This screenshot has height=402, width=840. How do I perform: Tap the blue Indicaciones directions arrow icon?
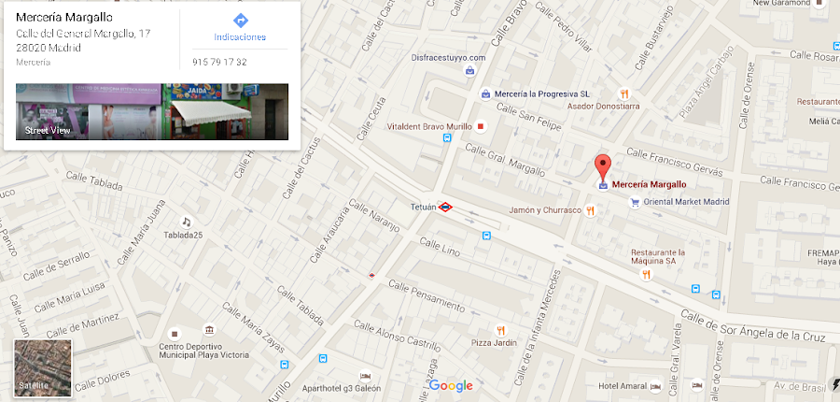point(240,21)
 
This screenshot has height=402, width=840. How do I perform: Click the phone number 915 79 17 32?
point(218,62)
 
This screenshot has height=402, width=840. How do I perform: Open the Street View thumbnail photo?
point(152,111)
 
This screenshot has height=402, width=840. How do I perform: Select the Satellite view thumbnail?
point(43,366)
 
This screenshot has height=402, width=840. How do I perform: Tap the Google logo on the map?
point(451,386)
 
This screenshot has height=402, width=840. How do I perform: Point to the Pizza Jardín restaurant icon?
point(500,330)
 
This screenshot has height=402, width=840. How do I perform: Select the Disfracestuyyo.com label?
point(449,57)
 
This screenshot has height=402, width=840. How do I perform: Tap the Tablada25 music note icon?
point(187,222)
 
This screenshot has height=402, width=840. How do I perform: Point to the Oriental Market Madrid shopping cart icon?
point(635,202)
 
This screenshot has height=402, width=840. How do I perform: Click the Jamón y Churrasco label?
point(545,210)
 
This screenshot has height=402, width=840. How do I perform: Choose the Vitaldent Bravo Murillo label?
point(429,126)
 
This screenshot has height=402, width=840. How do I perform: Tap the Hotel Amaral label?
point(623,386)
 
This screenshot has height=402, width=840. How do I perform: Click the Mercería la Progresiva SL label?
point(542,93)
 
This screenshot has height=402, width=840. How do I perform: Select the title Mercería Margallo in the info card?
point(64,17)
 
